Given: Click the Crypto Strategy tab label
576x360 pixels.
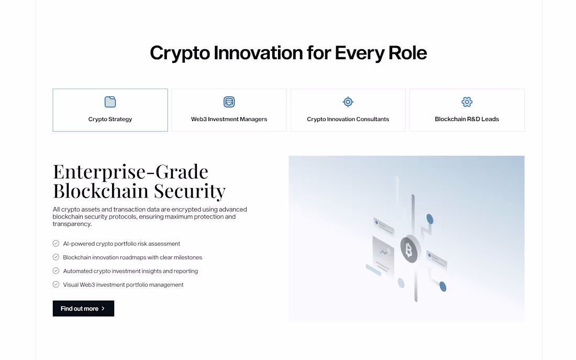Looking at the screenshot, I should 110,119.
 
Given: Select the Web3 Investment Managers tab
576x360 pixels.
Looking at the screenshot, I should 229,119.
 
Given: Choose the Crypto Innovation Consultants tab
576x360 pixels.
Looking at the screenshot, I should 348,119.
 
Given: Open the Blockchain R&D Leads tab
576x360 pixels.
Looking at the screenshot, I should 467,119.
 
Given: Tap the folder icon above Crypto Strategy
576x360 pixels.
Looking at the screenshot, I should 110,102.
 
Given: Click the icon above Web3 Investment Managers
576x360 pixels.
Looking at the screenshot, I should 229,102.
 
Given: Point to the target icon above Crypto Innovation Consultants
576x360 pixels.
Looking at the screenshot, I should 348,102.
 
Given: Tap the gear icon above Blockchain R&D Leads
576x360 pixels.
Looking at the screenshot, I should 467,102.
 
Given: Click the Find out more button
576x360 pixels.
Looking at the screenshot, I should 83,309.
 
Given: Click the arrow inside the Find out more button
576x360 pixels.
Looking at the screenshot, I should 103,309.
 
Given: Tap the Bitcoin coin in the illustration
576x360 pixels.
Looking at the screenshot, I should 409,250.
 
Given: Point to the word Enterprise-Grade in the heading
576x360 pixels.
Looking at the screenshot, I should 131,171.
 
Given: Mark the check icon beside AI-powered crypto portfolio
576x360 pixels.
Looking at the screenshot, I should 56,244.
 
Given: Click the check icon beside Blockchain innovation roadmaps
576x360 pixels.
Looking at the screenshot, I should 56,257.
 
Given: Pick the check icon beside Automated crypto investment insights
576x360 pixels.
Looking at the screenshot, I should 56,271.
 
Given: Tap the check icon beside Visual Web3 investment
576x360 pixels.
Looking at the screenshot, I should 56,285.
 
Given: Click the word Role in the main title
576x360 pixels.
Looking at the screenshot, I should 407,53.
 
